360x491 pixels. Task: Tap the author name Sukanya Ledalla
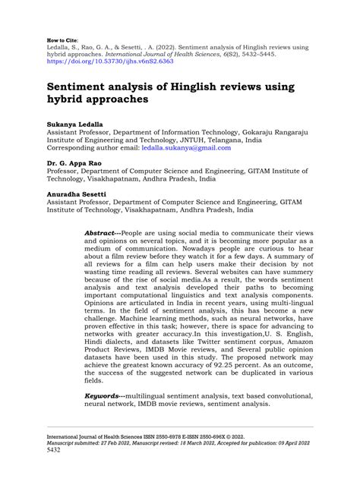point(74,121)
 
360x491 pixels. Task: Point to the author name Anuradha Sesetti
point(77,196)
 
